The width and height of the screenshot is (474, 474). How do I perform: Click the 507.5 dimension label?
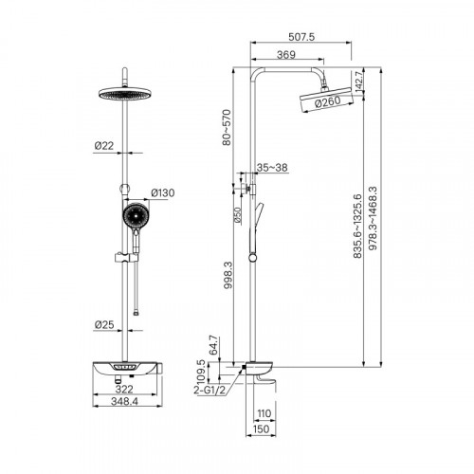point(301,37)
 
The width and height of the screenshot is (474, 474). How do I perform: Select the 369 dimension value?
point(286,55)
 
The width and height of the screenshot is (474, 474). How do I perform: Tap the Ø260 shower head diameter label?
point(328,102)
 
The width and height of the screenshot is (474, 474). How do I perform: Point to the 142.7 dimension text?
point(358,82)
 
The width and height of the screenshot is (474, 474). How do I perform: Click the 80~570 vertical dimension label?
point(227,127)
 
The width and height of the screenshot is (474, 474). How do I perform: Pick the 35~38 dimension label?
point(272,168)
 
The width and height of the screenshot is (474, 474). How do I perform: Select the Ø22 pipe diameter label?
point(104,146)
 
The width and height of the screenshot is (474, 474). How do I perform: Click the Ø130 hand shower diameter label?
point(163,192)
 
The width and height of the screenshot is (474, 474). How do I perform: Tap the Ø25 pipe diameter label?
point(104,324)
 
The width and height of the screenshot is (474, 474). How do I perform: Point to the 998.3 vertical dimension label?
point(228,275)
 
